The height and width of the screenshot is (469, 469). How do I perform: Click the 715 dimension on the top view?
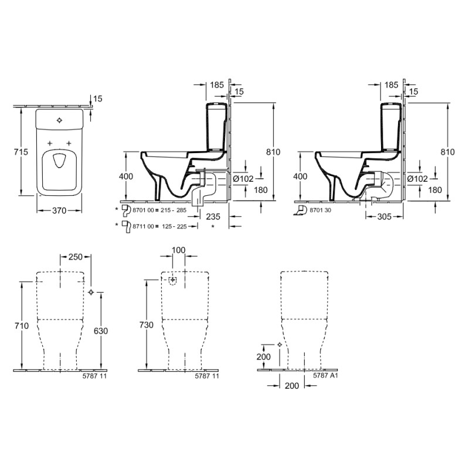(21, 152)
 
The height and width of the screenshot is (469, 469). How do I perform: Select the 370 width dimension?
(59, 210)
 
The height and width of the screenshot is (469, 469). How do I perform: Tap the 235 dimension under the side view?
(213, 216)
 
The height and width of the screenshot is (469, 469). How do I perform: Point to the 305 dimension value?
(385, 216)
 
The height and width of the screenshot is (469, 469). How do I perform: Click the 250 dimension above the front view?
(76, 257)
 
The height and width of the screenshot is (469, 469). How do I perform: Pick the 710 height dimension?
(22, 326)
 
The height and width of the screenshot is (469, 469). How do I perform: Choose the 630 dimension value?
(101, 331)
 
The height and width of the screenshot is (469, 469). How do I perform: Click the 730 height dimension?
(147, 325)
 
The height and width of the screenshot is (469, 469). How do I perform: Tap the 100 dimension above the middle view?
(179, 250)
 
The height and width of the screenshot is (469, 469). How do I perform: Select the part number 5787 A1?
(325, 375)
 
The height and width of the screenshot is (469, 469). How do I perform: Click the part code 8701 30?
(320, 210)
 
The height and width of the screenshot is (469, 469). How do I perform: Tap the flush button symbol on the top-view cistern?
(60, 120)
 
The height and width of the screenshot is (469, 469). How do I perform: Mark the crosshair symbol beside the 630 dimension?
(91, 292)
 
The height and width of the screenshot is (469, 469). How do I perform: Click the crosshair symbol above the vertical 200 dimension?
(280, 345)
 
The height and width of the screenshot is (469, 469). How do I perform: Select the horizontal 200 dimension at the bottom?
(292, 386)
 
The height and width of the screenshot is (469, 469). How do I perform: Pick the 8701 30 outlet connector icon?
(300, 210)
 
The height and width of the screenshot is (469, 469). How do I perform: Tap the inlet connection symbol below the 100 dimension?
(172, 281)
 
